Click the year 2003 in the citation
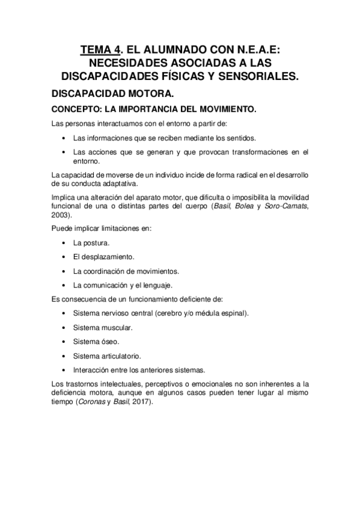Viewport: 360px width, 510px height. coord(61,215)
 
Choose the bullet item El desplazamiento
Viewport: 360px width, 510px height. coord(99,257)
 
